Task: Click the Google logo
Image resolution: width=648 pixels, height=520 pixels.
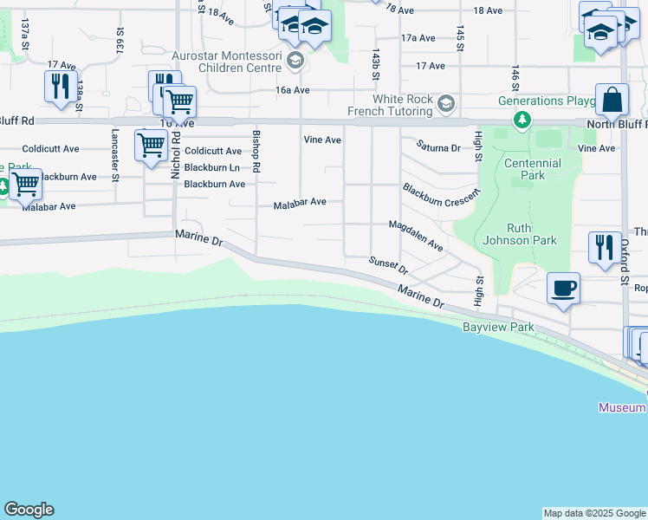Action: click(x=29, y=510)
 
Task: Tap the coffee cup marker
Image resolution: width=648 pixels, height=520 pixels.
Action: click(x=563, y=288)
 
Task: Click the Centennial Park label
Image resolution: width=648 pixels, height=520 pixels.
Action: click(x=533, y=169)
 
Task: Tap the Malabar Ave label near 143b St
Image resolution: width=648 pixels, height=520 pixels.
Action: click(x=300, y=202)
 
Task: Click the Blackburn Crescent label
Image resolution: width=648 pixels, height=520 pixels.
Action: click(x=440, y=195)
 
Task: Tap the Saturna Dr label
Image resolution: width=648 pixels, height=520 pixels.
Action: click(x=437, y=147)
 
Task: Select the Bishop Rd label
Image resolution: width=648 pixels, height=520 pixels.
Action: click(x=256, y=151)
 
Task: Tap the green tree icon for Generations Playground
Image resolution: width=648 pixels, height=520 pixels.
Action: click(x=522, y=120)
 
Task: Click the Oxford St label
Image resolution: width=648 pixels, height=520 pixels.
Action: click(x=624, y=261)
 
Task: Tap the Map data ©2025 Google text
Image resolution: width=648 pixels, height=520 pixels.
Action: click(x=593, y=513)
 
